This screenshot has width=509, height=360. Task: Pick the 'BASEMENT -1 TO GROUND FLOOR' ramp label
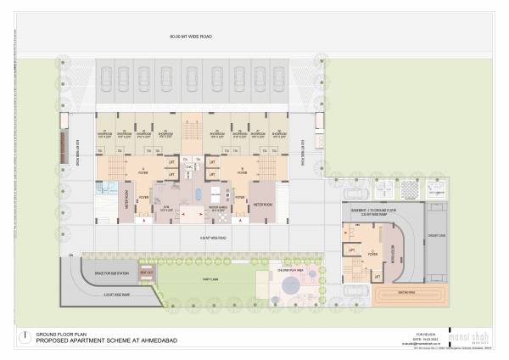coord(370,207)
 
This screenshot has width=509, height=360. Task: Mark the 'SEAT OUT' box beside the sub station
coord(145,273)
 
